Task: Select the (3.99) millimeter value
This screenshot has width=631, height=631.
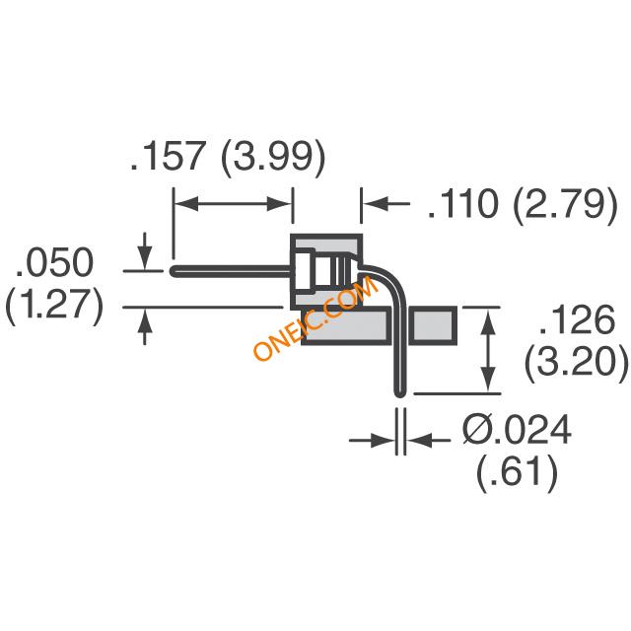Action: [x=273, y=158]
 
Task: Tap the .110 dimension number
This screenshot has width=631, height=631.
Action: [x=463, y=204]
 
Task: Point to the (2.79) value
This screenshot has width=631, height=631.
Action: [x=565, y=205]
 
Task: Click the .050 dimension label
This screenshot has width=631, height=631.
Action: [x=54, y=262]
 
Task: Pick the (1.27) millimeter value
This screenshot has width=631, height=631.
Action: [x=55, y=305]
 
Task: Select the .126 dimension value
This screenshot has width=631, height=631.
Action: [x=577, y=319]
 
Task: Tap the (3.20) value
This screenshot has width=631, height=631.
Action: [x=576, y=362]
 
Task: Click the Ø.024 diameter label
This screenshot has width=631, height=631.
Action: [x=517, y=429]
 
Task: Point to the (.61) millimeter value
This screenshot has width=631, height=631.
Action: [x=517, y=471]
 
